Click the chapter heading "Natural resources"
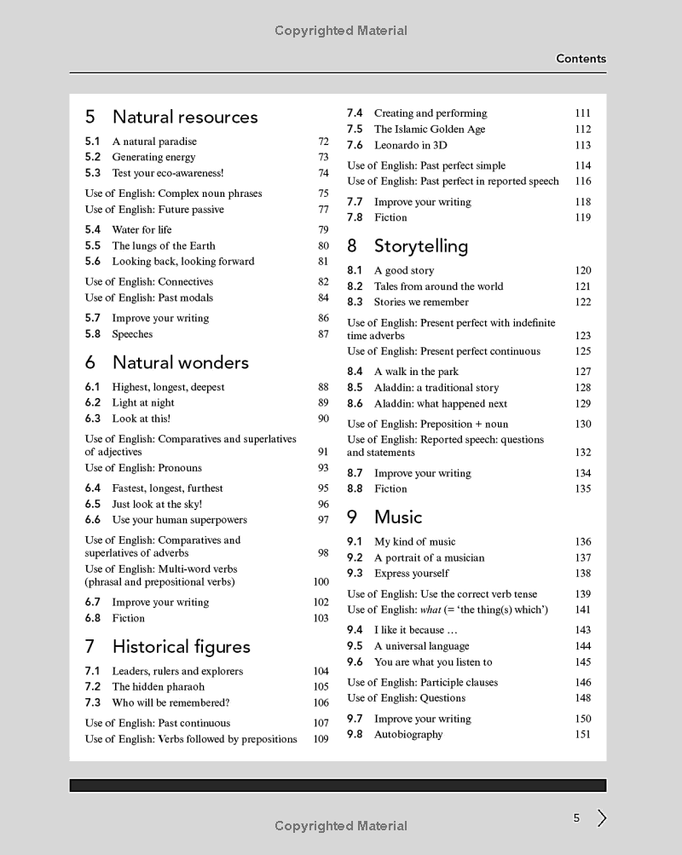185,117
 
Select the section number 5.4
93,229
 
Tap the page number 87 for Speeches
323,334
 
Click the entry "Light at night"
142,402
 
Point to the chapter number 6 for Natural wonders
90,362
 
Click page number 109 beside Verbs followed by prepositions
321,739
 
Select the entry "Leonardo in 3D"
411,145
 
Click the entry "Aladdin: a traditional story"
436,387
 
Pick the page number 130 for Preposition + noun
582,424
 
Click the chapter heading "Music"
398,517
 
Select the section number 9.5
355,646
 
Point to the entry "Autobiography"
408,734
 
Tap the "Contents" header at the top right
581,59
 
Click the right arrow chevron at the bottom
602,818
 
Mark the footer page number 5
576,818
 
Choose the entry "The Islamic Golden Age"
430,130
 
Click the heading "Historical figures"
181,647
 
